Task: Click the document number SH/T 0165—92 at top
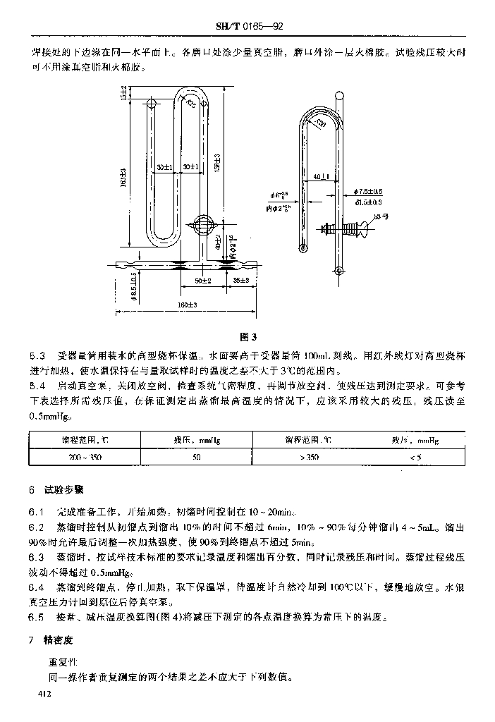pyautogui.click(x=248, y=27)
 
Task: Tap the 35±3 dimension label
pyautogui.click(x=240, y=281)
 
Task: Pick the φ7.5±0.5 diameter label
pyautogui.click(x=369, y=192)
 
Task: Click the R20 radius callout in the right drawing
pyautogui.click(x=322, y=125)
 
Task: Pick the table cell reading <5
pyautogui.click(x=415, y=458)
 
